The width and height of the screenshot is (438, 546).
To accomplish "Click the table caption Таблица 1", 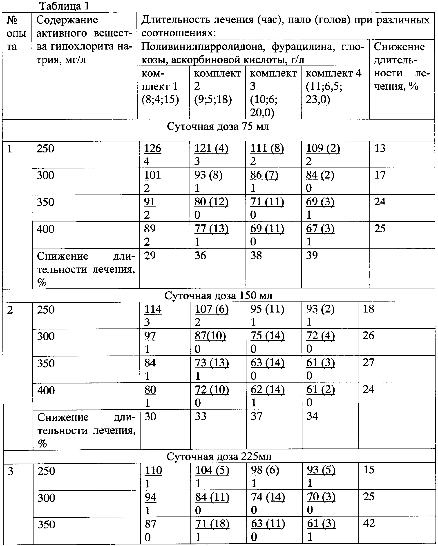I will click(x=65, y=6).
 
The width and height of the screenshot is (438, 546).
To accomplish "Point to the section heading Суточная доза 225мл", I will click(x=219, y=457).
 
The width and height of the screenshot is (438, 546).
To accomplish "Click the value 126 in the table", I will click(x=152, y=148).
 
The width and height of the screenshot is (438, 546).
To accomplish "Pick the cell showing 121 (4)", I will click(x=211, y=148).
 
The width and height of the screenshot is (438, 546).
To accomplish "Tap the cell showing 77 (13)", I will click(x=211, y=229).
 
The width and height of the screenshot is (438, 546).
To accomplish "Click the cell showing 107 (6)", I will click(x=212, y=309).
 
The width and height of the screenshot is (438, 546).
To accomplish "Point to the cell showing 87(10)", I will click(x=210, y=336).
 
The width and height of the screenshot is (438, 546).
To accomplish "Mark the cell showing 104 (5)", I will click(x=212, y=471).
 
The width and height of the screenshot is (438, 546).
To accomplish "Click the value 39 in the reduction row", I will click(x=312, y=256).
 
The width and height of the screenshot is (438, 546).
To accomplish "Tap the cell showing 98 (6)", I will click(x=265, y=471).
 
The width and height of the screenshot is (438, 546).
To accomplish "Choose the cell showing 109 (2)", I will click(x=323, y=148).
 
